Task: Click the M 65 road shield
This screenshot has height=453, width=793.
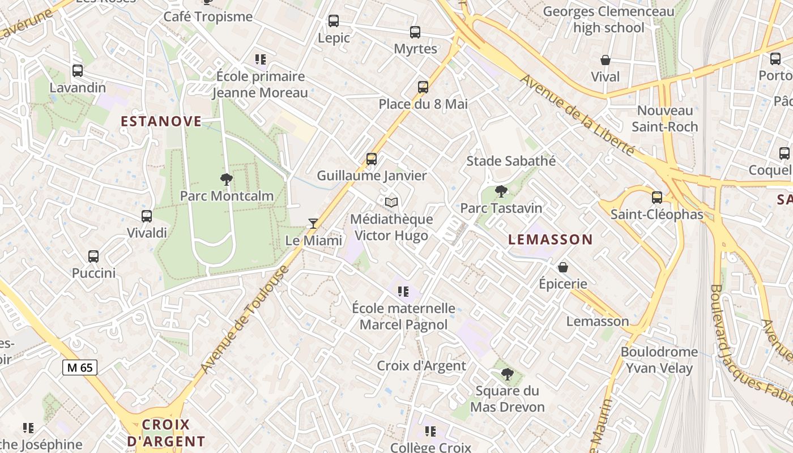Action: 80,367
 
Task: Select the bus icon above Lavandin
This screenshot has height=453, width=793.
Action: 78,71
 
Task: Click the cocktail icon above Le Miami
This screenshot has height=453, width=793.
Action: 313,223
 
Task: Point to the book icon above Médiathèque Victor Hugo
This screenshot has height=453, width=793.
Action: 391,202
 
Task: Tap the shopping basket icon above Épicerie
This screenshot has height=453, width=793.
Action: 563,267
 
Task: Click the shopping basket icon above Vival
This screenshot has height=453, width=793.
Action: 605,60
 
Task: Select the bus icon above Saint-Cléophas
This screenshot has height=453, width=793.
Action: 657,198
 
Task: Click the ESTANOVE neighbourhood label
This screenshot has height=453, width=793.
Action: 161,121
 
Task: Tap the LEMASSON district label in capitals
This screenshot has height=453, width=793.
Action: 551,240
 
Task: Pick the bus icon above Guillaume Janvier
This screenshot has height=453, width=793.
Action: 372,159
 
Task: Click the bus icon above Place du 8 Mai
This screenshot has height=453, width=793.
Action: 423,87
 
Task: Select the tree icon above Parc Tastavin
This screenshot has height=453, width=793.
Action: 501,191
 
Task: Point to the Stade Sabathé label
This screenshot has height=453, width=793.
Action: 511,161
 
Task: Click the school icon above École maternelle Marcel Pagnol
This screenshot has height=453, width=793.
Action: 403,292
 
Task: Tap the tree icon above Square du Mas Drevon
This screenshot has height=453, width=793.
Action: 508,374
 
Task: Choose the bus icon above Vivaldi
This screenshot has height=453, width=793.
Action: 147,216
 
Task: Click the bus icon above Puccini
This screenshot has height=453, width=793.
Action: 93,257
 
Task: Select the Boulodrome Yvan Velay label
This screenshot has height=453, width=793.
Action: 659,360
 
